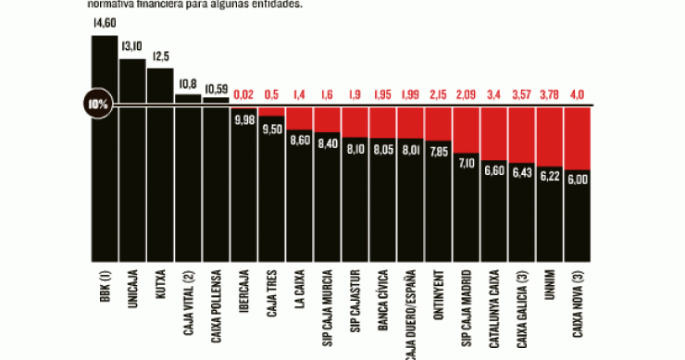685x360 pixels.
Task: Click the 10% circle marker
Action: pyautogui.click(x=98, y=104)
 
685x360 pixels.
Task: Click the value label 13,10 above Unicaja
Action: pyautogui.click(x=132, y=47)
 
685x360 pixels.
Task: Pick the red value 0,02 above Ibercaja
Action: pyautogui.click(x=244, y=94)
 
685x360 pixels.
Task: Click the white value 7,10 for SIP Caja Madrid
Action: pyautogui.click(x=467, y=162)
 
